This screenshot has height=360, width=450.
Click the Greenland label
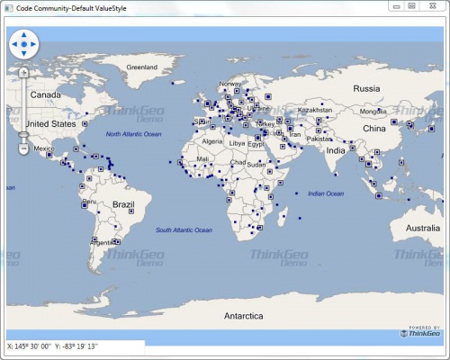click(x=141, y=67)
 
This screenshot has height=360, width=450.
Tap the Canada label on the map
click(x=45, y=94)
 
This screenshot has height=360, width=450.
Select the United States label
click(x=50, y=124)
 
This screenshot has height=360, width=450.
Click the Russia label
click(x=366, y=88)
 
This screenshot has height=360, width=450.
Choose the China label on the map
click(x=373, y=129)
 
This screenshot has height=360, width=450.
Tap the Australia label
click(x=422, y=229)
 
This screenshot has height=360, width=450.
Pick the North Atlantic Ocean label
click(x=133, y=134)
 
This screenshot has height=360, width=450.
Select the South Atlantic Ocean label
click(x=184, y=230)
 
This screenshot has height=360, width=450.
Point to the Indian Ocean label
click(x=326, y=193)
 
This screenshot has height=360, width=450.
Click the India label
click(x=335, y=150)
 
